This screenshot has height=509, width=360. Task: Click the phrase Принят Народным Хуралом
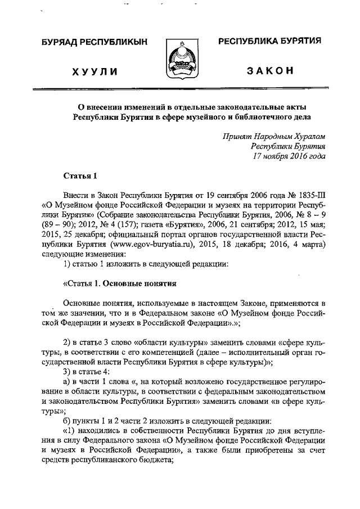click(x=273, y=137)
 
